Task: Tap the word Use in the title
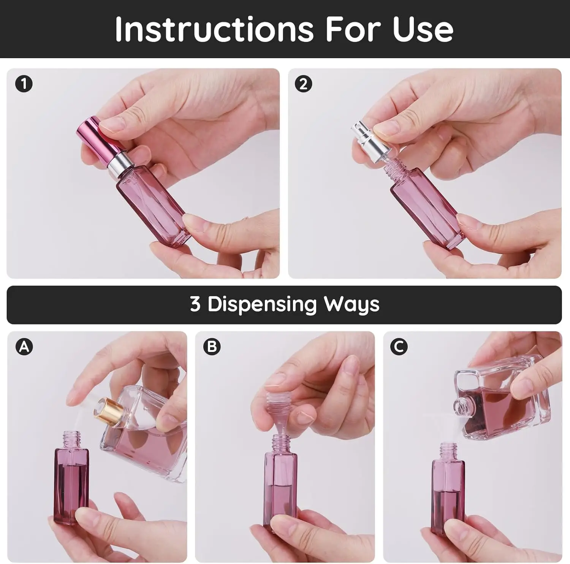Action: (x=423, y=29)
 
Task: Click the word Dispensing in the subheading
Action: (x=262, y=304)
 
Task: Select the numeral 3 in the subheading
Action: (x=195, y=304)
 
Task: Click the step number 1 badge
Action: (x=24, y=84)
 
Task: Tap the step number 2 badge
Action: (x=303, y=84)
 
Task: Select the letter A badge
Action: (x=24, y=347)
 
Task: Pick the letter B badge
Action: (x=212, y=347)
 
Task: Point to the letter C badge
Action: (x=399, y=347)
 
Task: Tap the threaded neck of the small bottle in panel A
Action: (x=72, y=439)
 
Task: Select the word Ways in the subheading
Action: (x=351, y=304)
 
